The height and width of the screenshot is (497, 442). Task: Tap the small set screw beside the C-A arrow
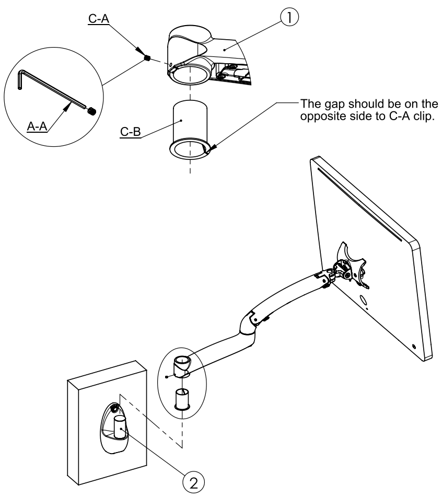[x=147, y=59]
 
